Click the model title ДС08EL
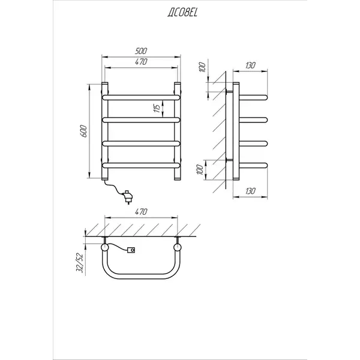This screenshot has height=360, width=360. pyautogui.click(x=182, y=13)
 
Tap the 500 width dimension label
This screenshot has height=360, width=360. pyautogui.click(x=141, y=51)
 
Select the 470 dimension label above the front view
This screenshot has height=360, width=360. pyautogui.click(x=141, y=62)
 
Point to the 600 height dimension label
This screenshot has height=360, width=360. pyautogui.click(x=83, y=131)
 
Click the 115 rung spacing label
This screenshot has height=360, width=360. pyautogui.click(x=157, y=109)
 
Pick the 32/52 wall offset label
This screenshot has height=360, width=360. pyautogui.click(x=79, y=263)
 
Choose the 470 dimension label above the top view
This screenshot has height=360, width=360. pyautogui.click(x=141, y=212)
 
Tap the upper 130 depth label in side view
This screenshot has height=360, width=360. pyautogui.click(x=250, y=65)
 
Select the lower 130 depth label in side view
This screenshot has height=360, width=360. pyautogui.click(x=250, y=191)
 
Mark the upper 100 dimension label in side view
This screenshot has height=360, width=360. pyautogui.click(x=202, y=67)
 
